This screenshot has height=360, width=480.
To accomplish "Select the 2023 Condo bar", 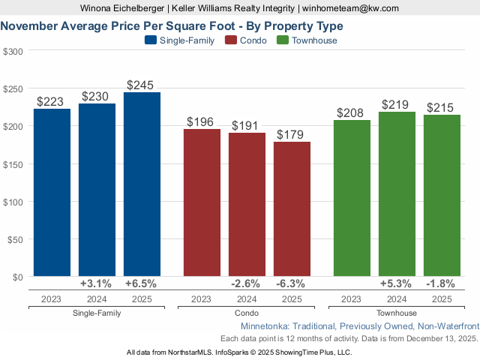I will [202, 202].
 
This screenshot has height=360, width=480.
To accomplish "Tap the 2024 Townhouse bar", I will [397, 194].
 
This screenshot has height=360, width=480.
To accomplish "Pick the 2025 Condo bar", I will [292, 209].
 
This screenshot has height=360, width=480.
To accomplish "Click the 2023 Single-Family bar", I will [52, 193].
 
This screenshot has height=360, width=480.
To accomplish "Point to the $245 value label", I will [142, 85].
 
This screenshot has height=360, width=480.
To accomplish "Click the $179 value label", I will [292, 135].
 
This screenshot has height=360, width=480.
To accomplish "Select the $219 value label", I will [397, 105].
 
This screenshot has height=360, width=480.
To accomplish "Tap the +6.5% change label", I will [142, 284].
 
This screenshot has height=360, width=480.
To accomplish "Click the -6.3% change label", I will [292, 284].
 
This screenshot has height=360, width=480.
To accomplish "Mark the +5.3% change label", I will [397, 284].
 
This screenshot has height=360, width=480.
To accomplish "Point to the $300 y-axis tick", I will [13, 51].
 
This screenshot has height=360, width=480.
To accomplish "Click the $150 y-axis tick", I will [13, 164].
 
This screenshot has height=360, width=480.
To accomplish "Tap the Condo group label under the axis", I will [247, 313].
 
